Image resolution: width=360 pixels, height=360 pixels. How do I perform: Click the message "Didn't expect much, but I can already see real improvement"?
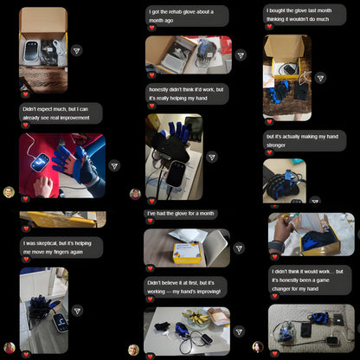(x=61, y=113)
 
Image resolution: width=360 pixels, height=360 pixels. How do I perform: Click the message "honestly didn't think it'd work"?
(x=186, y=93)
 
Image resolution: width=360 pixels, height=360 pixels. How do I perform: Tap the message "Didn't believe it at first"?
(x=185, y=286)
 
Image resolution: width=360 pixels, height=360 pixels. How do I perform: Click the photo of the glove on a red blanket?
(x=62, y=165)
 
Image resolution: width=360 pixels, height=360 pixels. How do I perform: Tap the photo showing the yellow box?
(x=186, y=247)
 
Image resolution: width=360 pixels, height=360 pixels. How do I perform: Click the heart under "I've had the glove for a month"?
(x=151, y=223)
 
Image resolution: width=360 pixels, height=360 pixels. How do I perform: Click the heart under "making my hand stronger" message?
(x=269, y=153)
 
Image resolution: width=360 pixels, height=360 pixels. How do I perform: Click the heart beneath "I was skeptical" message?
(x=26, y=260)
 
